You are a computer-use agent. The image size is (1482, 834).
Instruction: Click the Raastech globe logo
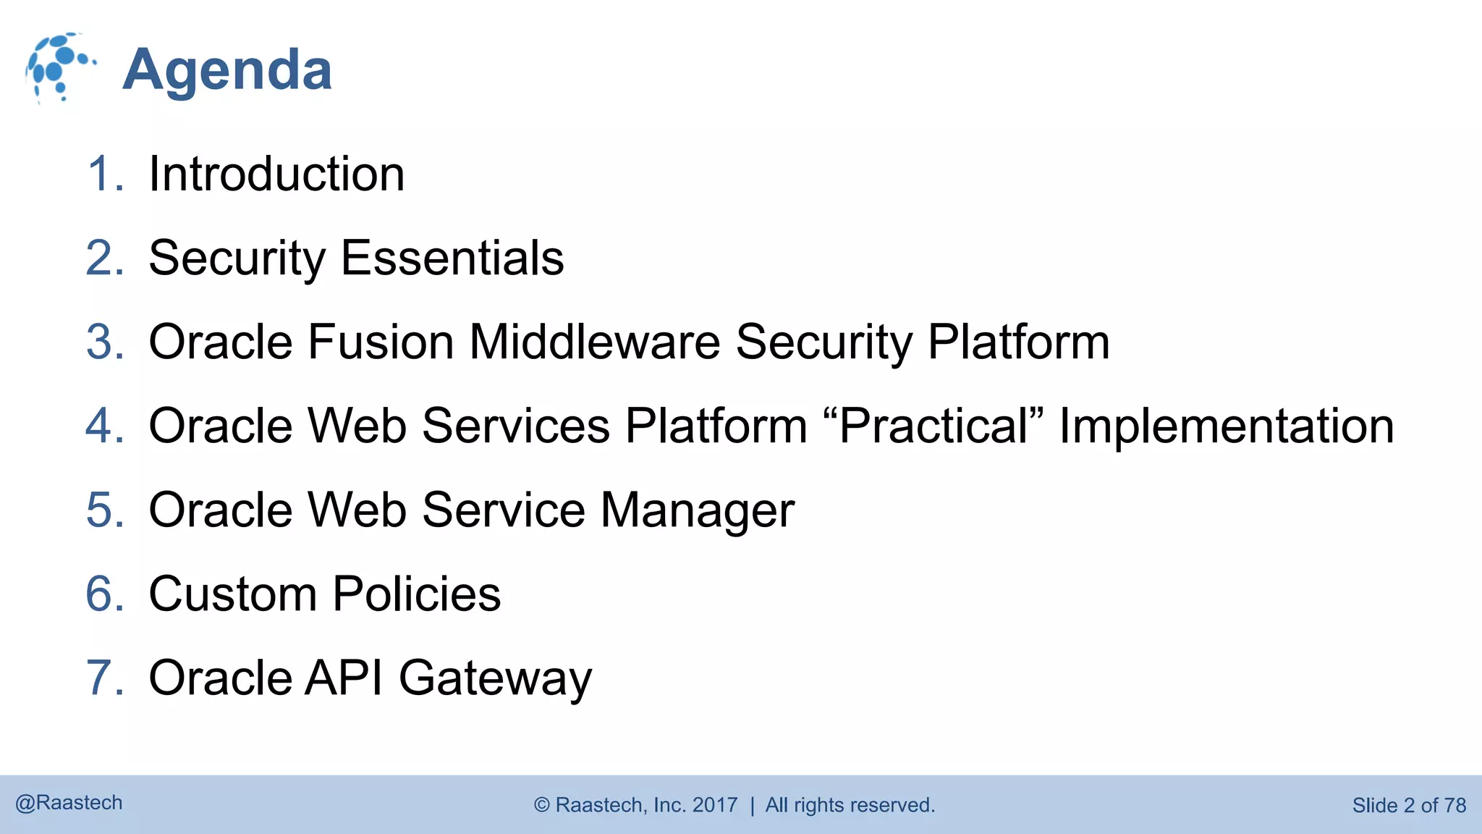pyautogui.click(x=59, y=68)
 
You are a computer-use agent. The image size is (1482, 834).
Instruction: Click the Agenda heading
pyautogui.click(x=227, y=70)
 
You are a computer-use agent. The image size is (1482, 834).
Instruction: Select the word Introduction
pyautogui.click(x=276, y=174)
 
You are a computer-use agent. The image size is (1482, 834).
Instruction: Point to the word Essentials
pyautogui.click(x=452, y=258)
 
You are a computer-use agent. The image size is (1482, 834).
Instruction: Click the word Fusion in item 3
pyautogui.click(x=381, y=342)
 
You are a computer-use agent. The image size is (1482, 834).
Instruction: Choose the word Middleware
pyautogui.click(x=595, y=342)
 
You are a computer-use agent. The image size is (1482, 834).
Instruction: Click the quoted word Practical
pyautogui.click(x=933, y=426)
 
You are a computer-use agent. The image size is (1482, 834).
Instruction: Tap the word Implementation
pyautogui.click(x=1227, y=426)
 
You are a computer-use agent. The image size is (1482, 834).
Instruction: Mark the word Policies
pyautogui.click(x=417, y=594)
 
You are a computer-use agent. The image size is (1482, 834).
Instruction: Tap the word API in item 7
pyautogui.click(x=344, y=678)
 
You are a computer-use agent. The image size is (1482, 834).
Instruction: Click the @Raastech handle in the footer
pyautogui.click(x=69, y=803)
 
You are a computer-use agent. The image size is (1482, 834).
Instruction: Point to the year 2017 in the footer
pyautogui.click(x=715, y=805)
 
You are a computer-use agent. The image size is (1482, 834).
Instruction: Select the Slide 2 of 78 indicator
pyautogui.click(x=1409, y=805)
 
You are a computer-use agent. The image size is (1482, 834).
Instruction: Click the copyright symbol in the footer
pyautogui.click(x=542, y=805)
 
